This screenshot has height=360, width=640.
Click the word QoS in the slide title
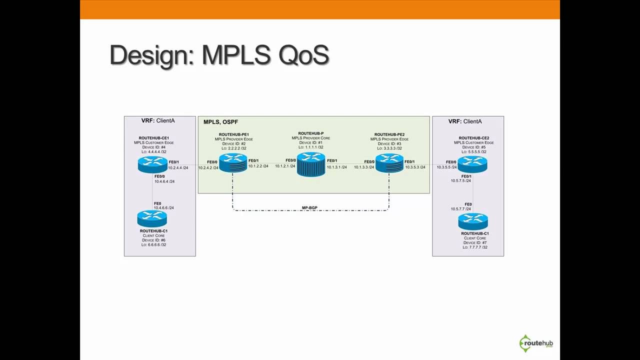[303, 55]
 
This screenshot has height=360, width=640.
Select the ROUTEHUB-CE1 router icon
[152, 164]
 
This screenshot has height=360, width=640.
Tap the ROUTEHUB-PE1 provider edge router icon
[233, 163]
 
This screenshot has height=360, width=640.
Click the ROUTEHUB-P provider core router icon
[310, 164]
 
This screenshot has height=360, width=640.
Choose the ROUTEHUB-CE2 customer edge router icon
[472, 164]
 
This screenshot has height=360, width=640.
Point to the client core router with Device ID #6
[152, 218]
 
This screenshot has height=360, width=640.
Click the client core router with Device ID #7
[472, 221]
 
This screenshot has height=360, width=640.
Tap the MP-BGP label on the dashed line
[309, 207]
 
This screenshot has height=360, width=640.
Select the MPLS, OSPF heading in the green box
[220, 122]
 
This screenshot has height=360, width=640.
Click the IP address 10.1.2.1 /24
[285, 166]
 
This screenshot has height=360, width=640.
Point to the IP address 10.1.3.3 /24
[364, 167]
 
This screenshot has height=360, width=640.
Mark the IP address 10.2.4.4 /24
[178, 168]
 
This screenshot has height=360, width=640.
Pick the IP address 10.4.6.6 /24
[164, 208]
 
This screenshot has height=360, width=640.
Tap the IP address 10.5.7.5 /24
[460, 180]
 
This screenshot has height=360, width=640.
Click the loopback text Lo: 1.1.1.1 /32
[310, 147]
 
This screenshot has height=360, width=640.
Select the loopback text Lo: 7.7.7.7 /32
[474, 247]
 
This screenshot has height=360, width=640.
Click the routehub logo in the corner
[536, 343]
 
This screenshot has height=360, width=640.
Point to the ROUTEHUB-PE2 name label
[389, 134]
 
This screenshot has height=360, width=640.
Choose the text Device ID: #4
[153, 147]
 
